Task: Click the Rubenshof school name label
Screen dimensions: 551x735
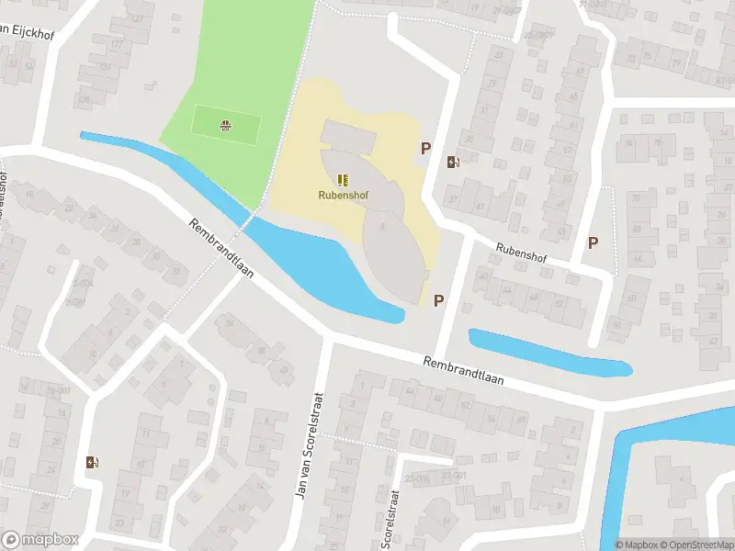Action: [x=343, y=195]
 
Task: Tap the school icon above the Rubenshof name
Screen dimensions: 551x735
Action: [x=343, y=180]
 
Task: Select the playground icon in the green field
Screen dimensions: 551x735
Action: [x=225, y=124]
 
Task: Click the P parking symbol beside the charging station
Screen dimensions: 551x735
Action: [x=426, y=148]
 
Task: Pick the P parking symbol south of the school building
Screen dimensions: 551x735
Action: [x=439, y=300]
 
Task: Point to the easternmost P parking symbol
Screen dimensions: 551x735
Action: [x=594, y=243]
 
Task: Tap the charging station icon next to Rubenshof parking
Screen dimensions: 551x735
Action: [x=453, y=163]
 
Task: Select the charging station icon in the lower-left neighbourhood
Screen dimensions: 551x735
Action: [x=90, y=462]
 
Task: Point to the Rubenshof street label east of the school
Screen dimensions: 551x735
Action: [x=521, y=253]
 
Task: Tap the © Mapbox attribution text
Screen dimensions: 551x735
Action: [x=635, y=545]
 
